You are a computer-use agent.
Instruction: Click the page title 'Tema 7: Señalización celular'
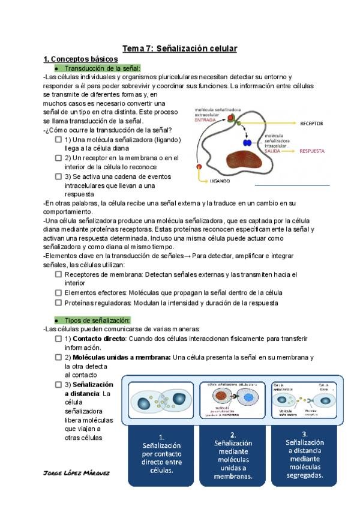point(179,48)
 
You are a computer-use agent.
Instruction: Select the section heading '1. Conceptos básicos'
point(80,59)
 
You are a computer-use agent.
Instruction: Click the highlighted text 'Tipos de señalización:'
point(97,321)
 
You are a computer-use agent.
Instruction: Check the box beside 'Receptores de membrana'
point(58,274)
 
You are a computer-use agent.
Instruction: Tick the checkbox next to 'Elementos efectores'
point(58,292)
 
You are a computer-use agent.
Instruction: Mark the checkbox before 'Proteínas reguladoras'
point(58,303)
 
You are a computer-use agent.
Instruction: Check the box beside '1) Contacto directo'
point(58,339)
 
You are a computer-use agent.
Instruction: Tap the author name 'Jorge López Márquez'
point(77,472)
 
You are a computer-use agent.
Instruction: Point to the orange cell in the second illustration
point(221,397)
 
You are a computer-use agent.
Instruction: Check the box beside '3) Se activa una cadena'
point(58,176)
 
